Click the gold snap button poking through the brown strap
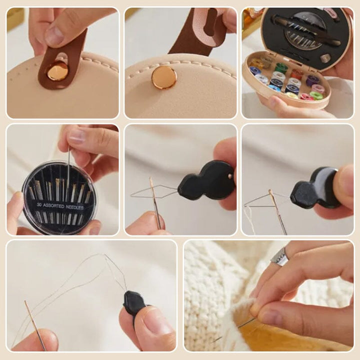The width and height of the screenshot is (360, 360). [x=57, y=71]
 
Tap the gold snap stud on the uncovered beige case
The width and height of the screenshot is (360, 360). [x=164, y=77]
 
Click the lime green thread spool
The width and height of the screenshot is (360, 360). [x=316, y=95]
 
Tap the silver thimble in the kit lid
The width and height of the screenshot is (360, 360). [x=325, y=58]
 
